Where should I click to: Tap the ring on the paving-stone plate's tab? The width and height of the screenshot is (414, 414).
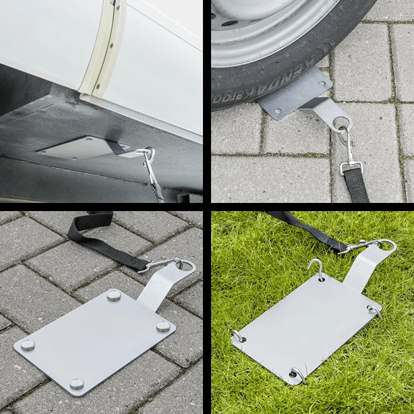point(185,264)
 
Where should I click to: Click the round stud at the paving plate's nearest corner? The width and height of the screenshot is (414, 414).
point(77,383)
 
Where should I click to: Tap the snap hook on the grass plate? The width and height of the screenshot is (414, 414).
point(362,246)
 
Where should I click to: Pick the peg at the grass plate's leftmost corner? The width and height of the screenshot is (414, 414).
point(237,336)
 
